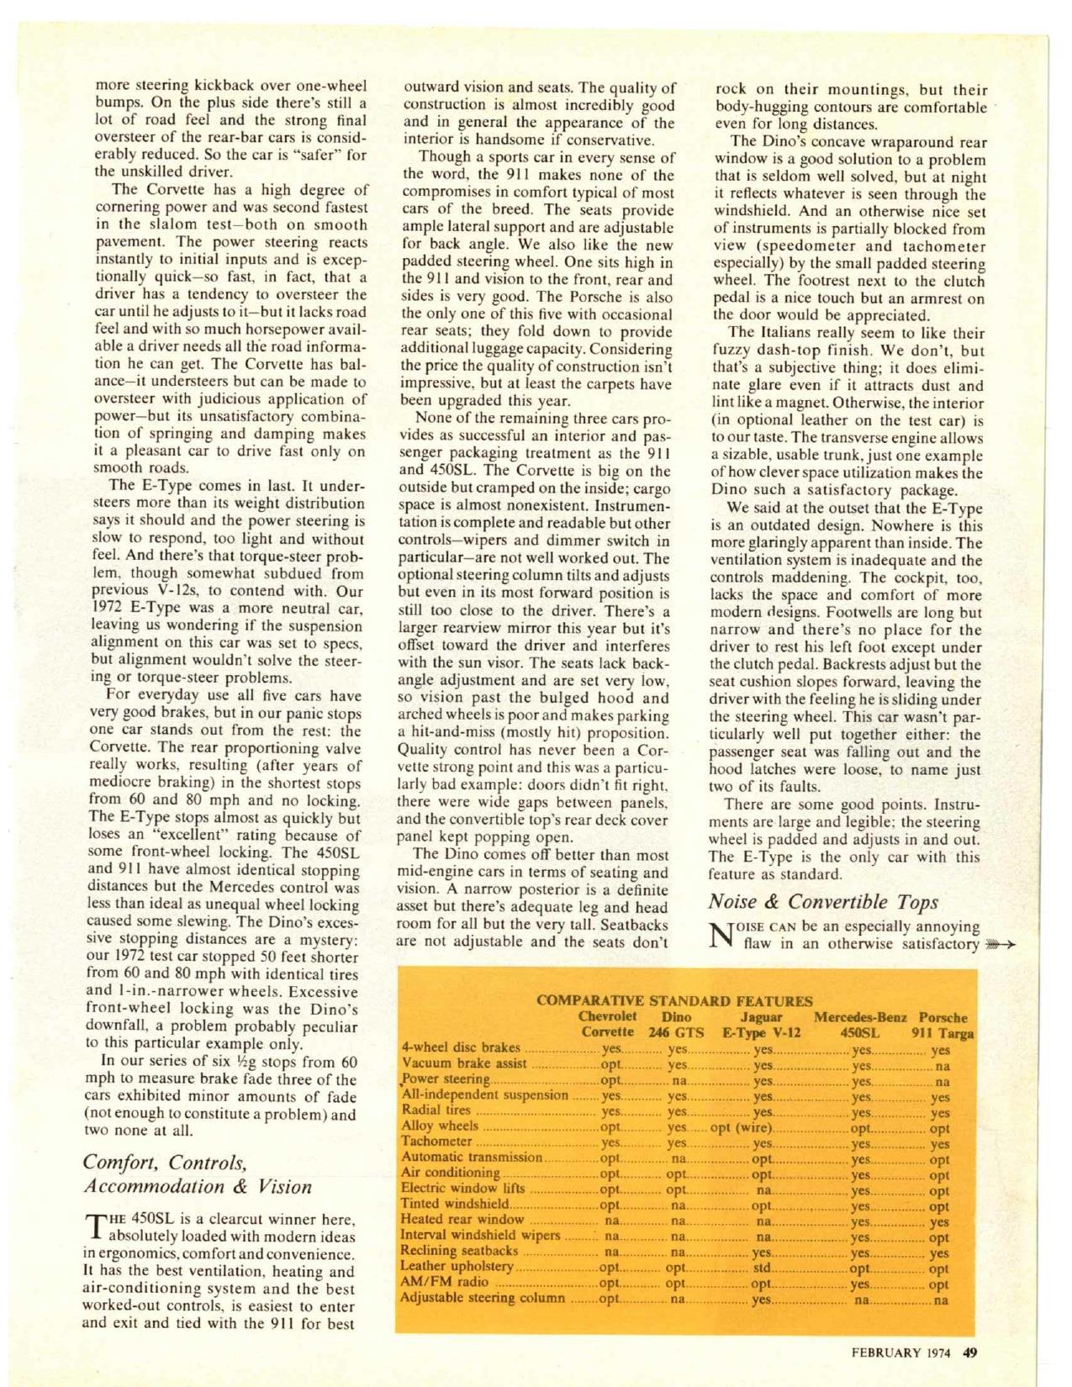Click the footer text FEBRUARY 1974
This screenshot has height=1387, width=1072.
coord(904,1353)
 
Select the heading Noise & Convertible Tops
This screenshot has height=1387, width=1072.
coord(823,902)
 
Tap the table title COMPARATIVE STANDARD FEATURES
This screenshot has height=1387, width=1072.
coord(674,1000)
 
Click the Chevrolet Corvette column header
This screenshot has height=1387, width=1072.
coord(608,1024)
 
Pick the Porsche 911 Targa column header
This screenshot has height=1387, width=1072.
coord(943,1025)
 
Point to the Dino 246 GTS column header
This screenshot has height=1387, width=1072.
coord(677,1024)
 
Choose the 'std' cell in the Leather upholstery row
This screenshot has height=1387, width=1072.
coord(762,1267)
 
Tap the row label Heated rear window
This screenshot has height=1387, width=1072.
coord(462,1219)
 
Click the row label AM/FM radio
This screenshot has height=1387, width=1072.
coord(445,1283)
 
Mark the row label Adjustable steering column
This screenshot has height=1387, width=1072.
coord(483,1298)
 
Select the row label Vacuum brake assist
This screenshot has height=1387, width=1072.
coord(465,1063)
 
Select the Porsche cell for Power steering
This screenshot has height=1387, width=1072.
coord(942,1082)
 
